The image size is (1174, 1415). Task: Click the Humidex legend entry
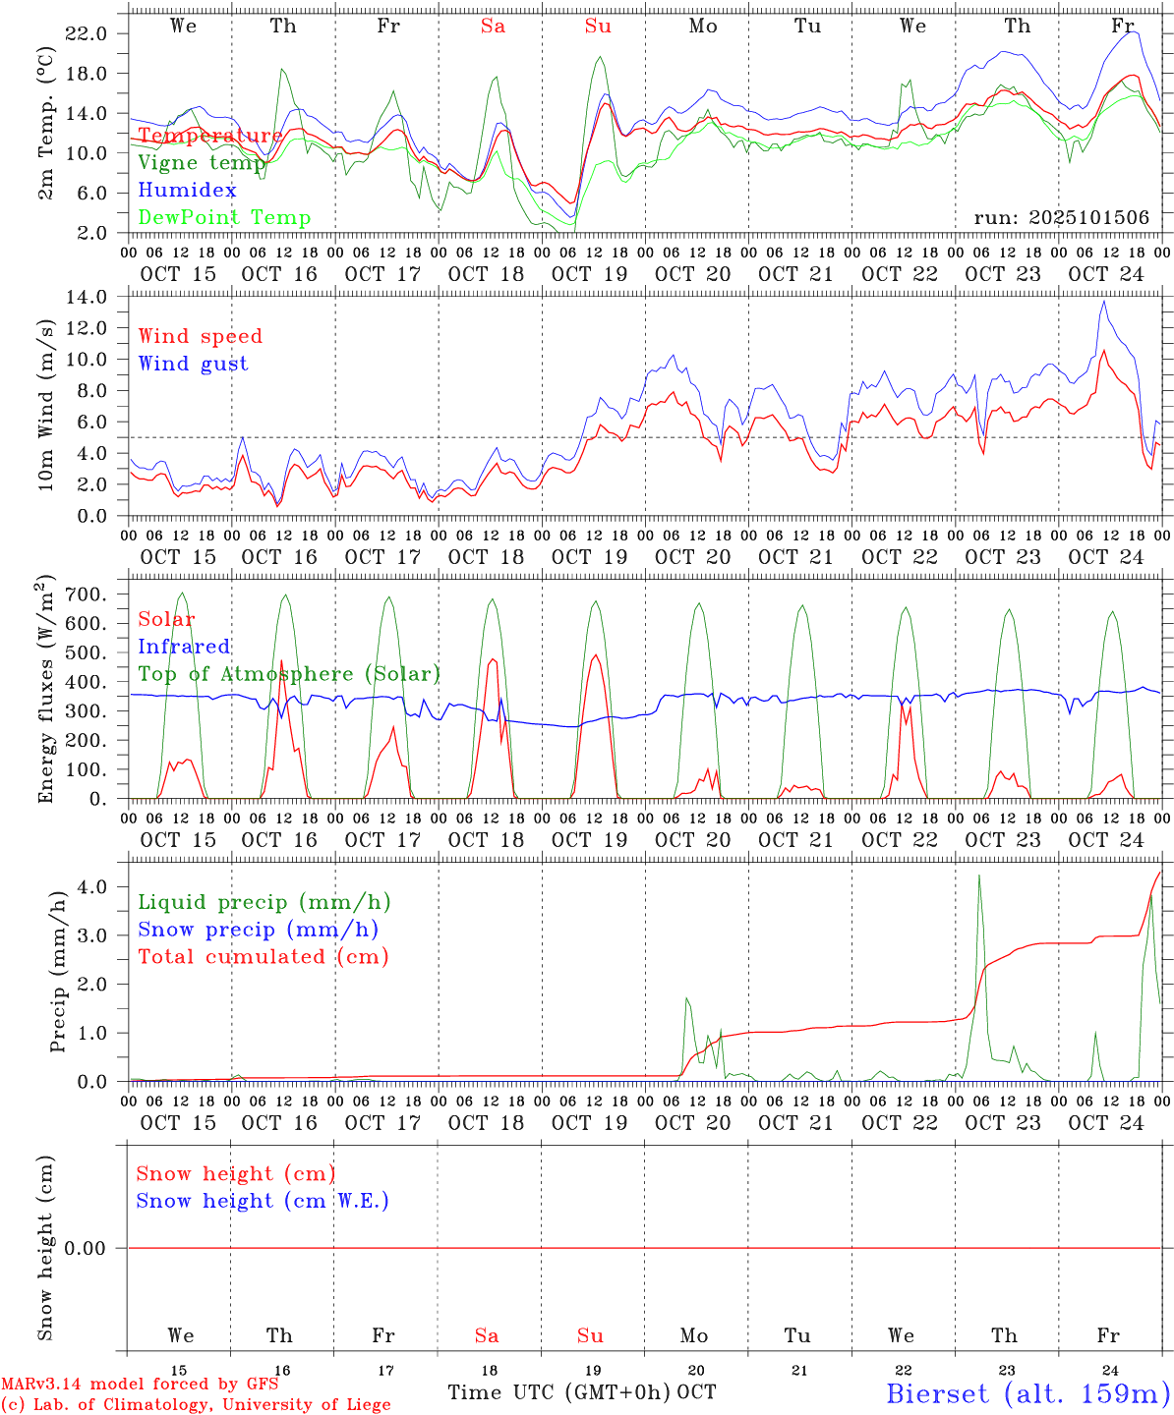[187, 191]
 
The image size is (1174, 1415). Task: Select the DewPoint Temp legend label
[224, 218]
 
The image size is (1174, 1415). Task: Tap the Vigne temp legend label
[202, 163]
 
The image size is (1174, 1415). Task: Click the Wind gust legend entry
[193, 364]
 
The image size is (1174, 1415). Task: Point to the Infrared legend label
[184, 647]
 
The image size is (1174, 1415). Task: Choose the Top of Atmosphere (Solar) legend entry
[288, 674]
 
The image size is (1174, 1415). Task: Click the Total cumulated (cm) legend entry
[263, 957]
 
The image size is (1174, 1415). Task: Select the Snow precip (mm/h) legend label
[258, 930]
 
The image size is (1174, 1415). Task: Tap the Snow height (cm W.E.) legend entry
[262, 1201]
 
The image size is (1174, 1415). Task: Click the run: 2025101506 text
[1061, 218]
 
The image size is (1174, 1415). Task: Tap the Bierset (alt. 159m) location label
[1027, 1393]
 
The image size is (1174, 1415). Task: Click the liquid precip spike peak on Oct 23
[978, 875]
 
